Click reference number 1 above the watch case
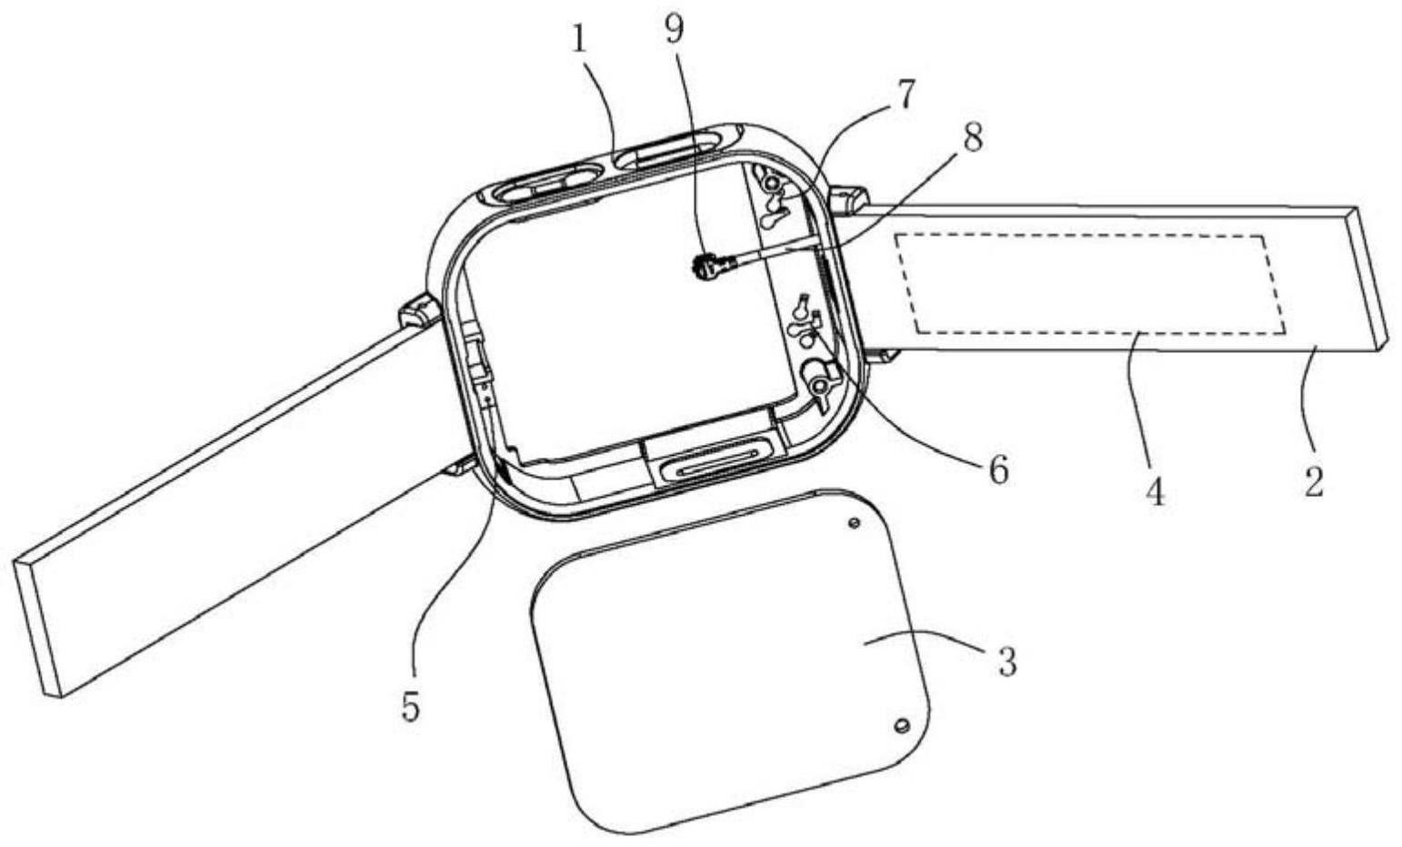[x=580, y=41]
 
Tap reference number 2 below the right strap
[x=1313, y=480]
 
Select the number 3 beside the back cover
[x=1006, y=661]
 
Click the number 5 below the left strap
[x=412, y=706]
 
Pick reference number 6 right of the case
[x=997, y=469]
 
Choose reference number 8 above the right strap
[x=972, y=139]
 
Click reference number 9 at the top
[x=674, y=29]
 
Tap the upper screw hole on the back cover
[x=854, y=524]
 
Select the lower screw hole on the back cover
[x=901, y=725]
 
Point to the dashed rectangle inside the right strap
[x=1088, y=283]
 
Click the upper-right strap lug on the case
[x=846, y=200]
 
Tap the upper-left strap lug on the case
[x=418, y=311]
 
